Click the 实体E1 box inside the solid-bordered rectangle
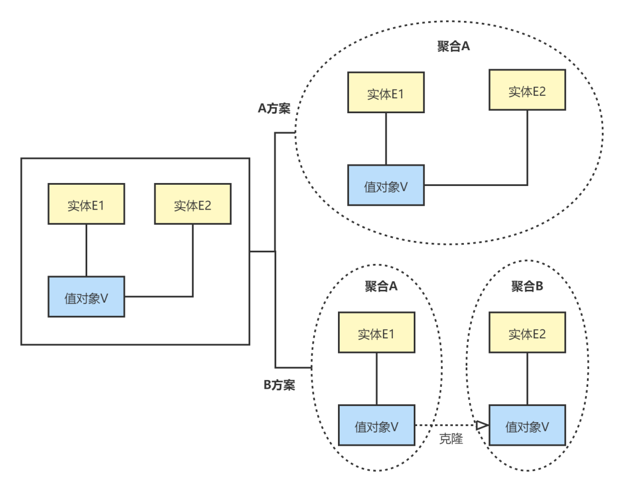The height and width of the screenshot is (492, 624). coord(86,204)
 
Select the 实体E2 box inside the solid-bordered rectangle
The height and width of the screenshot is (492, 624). coord(192,204)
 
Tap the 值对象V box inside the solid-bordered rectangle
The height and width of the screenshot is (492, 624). coord(86,297)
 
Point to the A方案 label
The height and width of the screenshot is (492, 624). coord(274,108)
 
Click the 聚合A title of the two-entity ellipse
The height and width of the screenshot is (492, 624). coord(454,47)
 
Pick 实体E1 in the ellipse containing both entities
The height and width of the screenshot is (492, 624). coord(386,92)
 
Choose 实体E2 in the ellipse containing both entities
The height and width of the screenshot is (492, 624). coord(527,90)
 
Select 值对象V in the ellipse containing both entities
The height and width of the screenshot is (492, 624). coord(386,185)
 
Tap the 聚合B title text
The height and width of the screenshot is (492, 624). coord(527,286)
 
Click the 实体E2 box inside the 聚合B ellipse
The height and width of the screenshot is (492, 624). coord(527,333)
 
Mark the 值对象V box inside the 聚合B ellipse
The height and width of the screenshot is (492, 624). coord(527,426)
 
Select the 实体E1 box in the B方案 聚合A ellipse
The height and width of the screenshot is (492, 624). coord(377,333)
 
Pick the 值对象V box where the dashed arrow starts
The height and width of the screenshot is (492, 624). coord(377,426)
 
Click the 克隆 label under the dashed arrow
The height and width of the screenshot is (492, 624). coord(451,439)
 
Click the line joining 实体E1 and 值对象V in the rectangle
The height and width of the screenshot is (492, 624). coord(86,250)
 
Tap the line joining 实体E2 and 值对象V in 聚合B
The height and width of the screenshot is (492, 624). coord(527,379)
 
